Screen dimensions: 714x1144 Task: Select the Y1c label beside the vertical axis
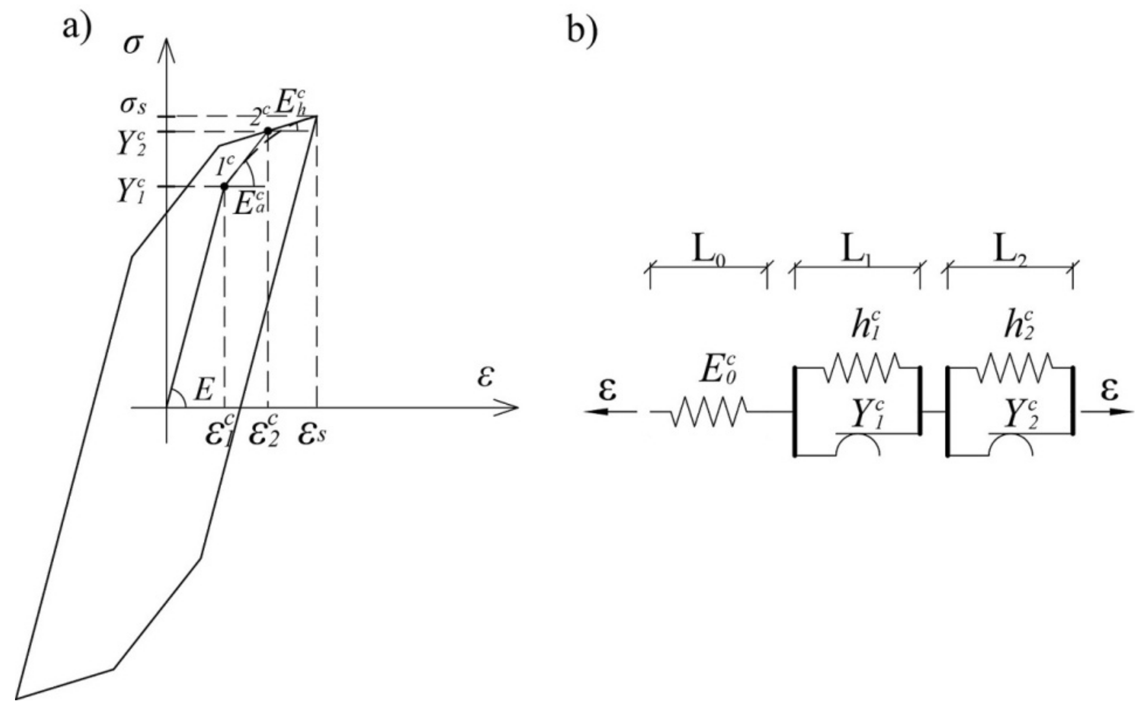click(131, 191)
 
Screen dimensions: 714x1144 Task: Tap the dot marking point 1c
click(225, 187)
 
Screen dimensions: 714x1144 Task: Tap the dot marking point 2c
click(268, 131)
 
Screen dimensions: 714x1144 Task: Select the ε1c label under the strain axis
click(221, 433)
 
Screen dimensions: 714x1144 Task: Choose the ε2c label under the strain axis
click(264, 433)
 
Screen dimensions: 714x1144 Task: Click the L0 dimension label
click(709, 253)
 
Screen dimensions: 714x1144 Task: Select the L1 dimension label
click(856, 253)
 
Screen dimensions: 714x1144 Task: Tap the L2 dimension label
click(1009, 253)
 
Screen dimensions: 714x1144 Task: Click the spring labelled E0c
click(707, 412)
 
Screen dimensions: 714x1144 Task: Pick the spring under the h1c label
click(862, 368)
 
